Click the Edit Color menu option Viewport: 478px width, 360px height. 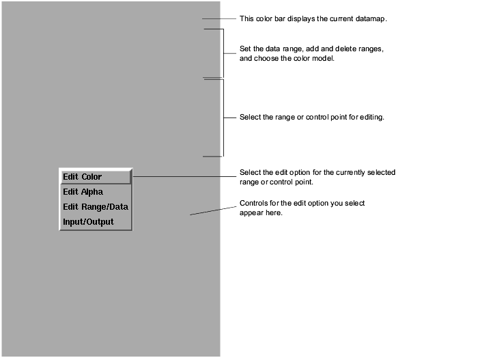click(x=83, y=177)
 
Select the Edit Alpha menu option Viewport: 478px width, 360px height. click(x=83, y=192)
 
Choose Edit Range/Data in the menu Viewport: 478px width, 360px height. click(x=96, y=207)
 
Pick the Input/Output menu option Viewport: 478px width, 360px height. click(x=88, y=222)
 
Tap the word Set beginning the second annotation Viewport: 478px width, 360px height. click(x=245, y=49)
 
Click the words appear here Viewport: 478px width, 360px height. click(x=261, y=212)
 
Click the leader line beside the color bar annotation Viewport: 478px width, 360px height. click(x=219, y=19)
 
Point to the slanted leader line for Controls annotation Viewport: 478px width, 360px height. click(x=213, y=211)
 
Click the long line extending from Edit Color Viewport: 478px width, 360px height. click(x=184, y=176)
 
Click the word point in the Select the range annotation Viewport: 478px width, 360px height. click(x=339, y=117)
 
